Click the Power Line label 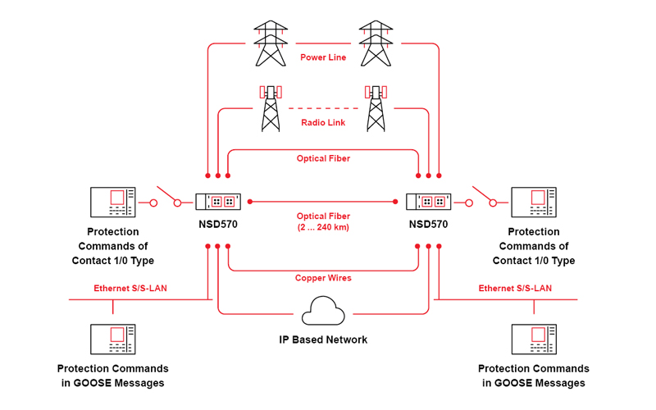tap(323, 57)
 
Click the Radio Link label tap(323, 123)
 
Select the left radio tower tap(270, 107)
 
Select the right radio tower tap(376, 107)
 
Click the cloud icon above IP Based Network tap(323, 312)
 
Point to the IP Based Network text tap(323, 339)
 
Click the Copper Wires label tap(323, 278)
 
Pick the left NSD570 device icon tap(218, 201)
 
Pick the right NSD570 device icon tap(429, 201)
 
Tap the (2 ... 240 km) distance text tap(323, 227)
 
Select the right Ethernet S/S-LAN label tap(515, 289)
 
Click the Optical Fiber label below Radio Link tap(323, 158)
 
